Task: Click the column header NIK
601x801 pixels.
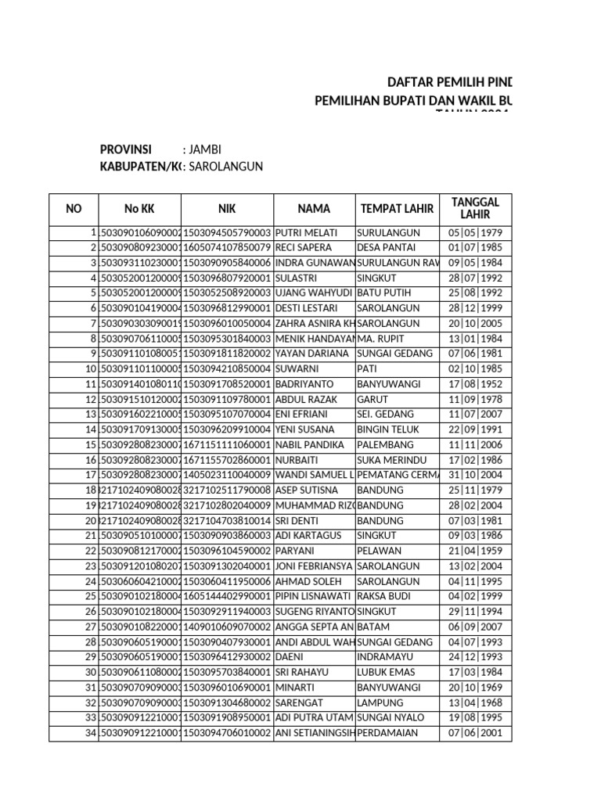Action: click(x=227, y=209)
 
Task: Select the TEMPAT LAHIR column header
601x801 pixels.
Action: click(x=396, y=209)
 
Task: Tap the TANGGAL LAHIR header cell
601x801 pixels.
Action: click(x=475, y=208)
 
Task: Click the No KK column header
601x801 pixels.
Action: click(x=139, y=209)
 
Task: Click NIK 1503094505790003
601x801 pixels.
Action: click(x=227, y=232)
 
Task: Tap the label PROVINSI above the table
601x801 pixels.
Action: click(x=125, y=149)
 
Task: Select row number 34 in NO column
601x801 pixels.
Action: click(x=89, y=733)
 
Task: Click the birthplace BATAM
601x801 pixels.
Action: click(x=373, y=627)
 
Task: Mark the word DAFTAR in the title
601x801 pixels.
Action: click(x=412, y=82)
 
